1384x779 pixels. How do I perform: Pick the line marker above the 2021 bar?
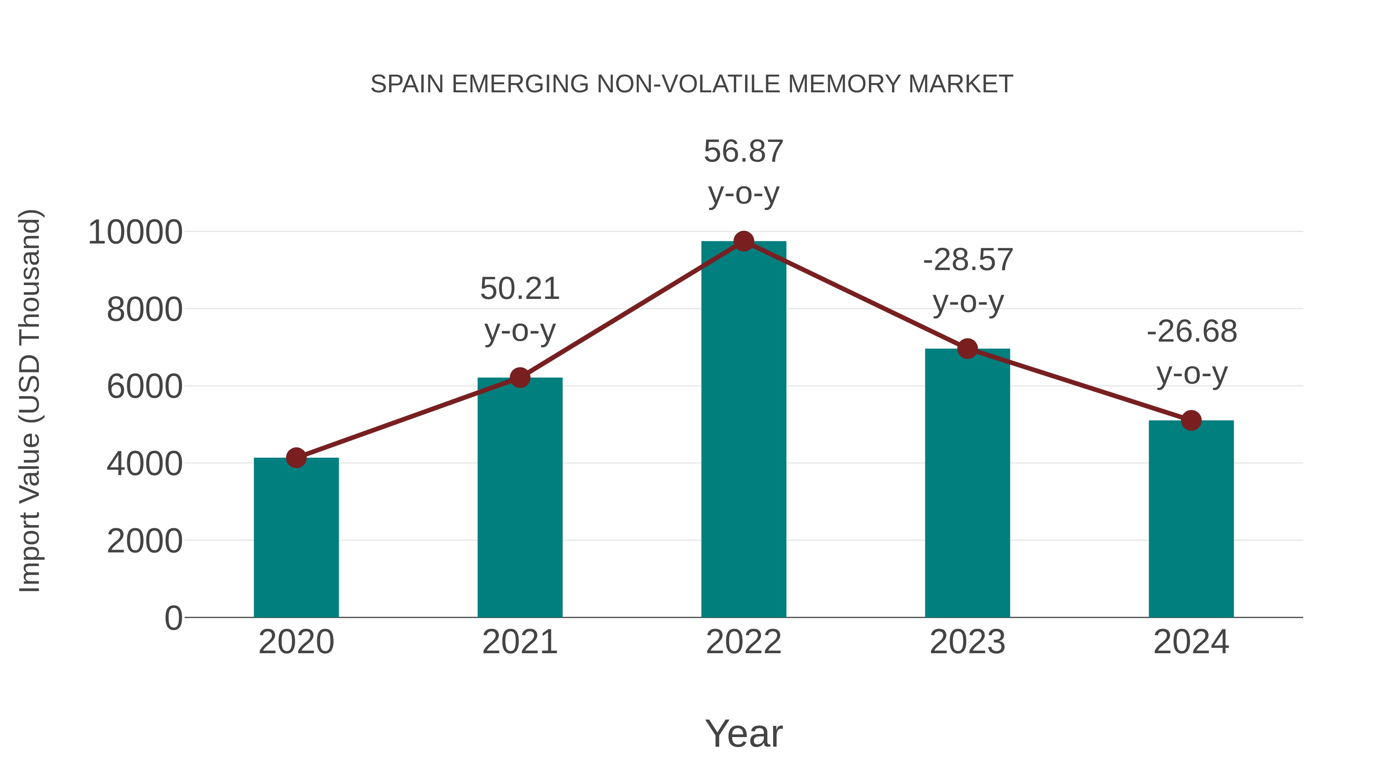(519, 378)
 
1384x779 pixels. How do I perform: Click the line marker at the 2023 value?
(967, 349)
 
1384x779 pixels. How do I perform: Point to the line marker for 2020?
(296, 458)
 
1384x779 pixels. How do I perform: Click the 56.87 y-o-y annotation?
(744, 152)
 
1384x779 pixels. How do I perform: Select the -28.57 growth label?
(968, 260)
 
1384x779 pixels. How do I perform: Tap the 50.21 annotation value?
(519, 289)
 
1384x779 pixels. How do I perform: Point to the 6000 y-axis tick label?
(145, 387)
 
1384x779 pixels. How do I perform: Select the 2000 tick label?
(145, 541)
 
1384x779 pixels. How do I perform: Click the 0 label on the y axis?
(173, 618)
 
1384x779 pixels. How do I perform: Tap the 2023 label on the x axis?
(967, 642)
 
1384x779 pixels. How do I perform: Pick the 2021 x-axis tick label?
(519, 642)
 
